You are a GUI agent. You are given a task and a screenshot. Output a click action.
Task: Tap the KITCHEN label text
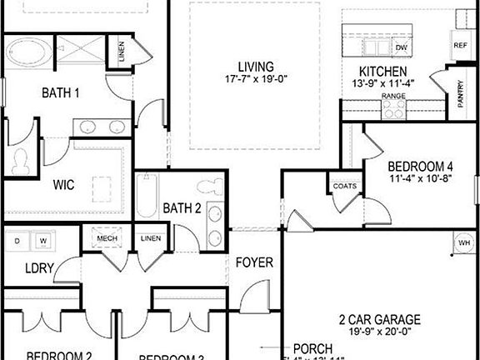[382, 72]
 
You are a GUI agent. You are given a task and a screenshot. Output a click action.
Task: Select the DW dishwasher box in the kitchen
[402, 48]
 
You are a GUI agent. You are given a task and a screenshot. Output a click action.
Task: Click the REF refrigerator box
[459, 45]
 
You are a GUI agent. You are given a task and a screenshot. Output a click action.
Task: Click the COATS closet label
[346, 186]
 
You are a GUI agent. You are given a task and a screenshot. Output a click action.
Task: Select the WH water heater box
[463, 242]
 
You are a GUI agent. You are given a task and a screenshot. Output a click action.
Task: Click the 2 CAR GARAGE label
[379, 319]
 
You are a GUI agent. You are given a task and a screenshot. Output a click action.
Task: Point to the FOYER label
[254, 262]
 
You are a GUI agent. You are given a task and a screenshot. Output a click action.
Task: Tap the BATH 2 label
[182, 207]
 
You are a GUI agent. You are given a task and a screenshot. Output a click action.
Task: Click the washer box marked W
[42, 242]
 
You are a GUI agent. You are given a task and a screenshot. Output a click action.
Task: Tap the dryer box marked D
[17, 242]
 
